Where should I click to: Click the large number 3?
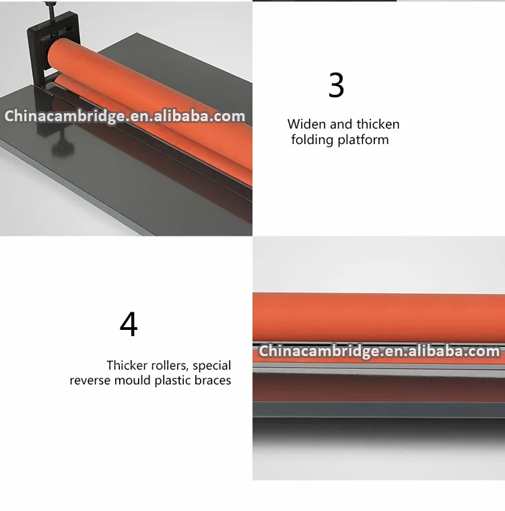coord(336,85)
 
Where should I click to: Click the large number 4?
coord(129,324)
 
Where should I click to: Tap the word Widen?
coord(307,124)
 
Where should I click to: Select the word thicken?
coord(378,124)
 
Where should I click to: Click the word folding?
coord(312,140)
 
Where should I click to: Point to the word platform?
coord(363,140)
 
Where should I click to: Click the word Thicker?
coord(127,366)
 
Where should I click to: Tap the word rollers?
coord(170,366)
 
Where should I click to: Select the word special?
coord(211,366)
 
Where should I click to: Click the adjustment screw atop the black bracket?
coord(50,10)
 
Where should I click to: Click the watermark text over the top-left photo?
coord(125,116)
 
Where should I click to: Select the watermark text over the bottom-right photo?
coord(379,351)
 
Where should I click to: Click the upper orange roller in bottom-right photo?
coord(379,317)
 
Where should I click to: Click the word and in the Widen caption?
coord(341,124)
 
